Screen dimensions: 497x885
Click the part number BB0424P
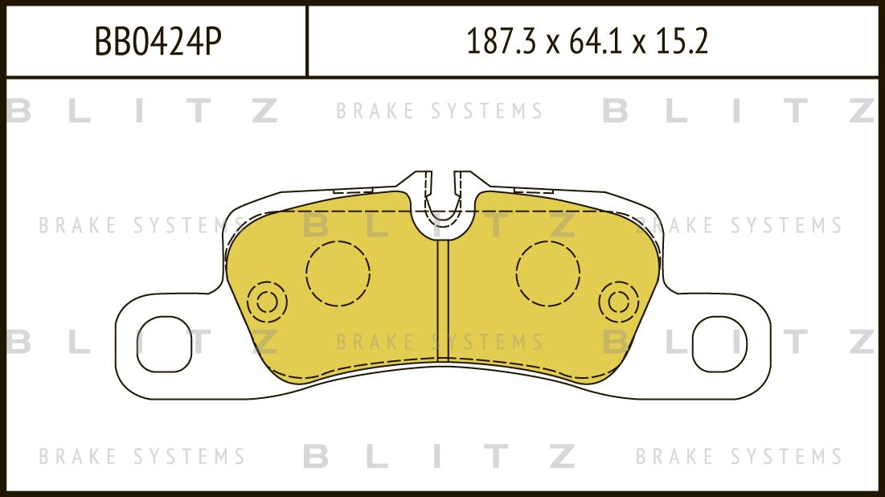(158, 41)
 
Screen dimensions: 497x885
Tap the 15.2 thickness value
(682, 41)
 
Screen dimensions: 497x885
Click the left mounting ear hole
(166, 343)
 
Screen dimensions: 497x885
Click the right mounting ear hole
(719, 343)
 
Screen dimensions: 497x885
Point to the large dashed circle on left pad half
(338, 273)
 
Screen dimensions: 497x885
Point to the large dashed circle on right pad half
(548, 273)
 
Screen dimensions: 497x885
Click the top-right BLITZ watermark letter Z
(862, 111)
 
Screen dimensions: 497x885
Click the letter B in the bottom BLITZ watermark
(317, 457)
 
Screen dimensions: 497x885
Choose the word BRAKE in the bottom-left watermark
(78, 457)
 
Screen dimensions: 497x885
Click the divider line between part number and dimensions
(307, 41)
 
